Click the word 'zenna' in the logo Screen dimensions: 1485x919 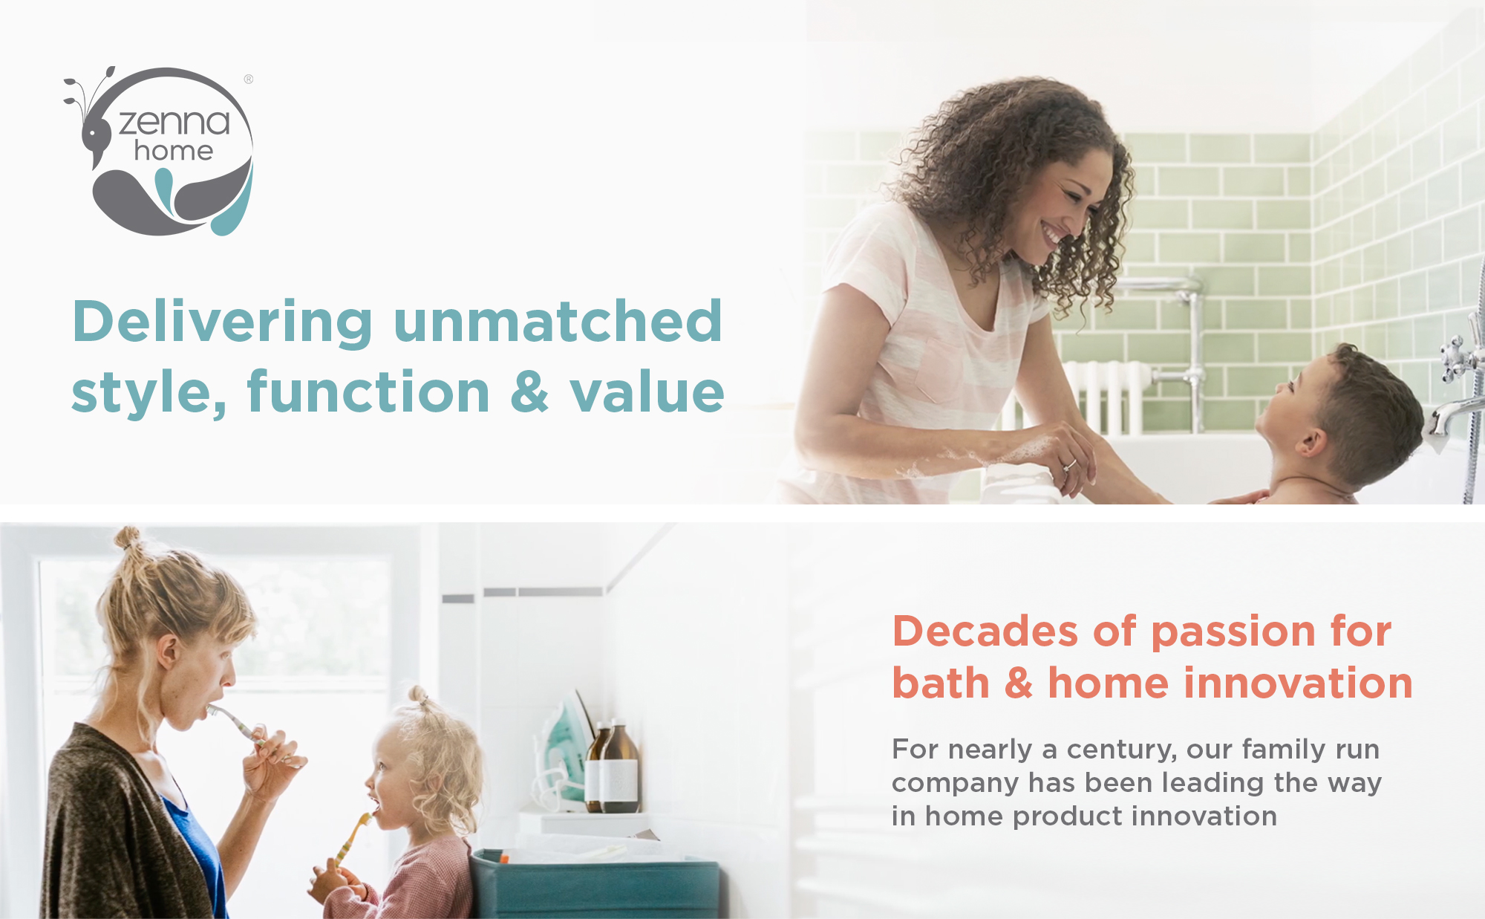pyautogui.click(x=174, y=122)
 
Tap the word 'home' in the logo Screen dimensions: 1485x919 pyautogui.click(x=174, y=151)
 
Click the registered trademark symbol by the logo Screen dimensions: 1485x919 pyautogui.click(x=249, y=79)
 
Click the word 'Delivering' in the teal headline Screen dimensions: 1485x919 pyautogui.click(x=223, y=322)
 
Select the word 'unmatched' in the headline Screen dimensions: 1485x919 pyautogui.click(x=558, y=321)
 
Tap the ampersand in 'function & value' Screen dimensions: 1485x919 pyautogui.click(x=529, y=392)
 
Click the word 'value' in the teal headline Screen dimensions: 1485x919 pyautogui.click(x=647, y=392)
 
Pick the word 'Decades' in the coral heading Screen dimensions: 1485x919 pyautogui.click(x=985, y=631)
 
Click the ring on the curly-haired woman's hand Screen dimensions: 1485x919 pyautogui.click(x=1068, y=466)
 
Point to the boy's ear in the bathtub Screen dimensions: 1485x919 pyautogui.click(x=1311, y=443)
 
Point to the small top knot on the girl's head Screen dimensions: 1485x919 pyautogui.click(x=419, y=696)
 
